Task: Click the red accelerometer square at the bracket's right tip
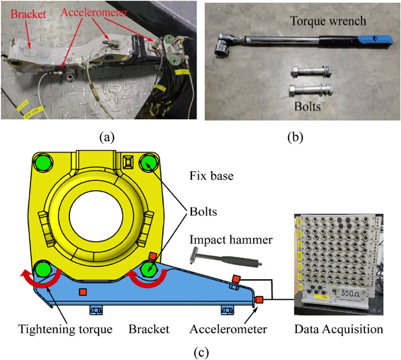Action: [258, 299]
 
